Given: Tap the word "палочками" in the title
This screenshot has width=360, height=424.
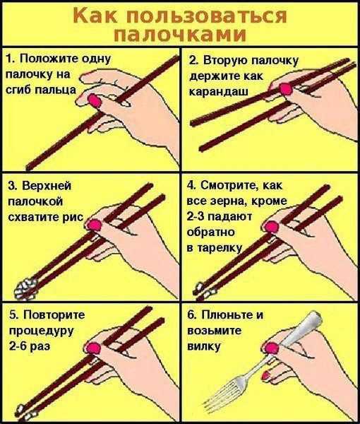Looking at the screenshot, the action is tap(180, 35).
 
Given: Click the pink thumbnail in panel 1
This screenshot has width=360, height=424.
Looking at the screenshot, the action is tap(95, 100).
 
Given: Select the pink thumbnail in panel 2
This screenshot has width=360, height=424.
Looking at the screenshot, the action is tap(285, 89).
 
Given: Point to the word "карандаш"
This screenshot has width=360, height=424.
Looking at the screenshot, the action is tap(218, 91).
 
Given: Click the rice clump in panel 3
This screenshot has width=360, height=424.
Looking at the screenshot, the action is tap(25, 289).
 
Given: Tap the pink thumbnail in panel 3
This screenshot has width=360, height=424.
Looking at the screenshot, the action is tap(95, 225).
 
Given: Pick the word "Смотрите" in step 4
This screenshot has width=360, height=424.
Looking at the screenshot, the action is tap(229, 186).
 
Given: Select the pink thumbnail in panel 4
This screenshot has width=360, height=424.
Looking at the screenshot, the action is tap(271, 227).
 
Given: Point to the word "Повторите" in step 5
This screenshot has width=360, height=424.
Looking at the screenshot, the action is tap(54, 314).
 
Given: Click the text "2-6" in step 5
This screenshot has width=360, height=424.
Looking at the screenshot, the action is tap(18, 346).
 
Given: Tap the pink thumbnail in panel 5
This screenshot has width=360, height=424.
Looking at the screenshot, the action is tap(93, 348).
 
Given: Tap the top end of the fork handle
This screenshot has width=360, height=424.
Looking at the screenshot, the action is tap(316, 315).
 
